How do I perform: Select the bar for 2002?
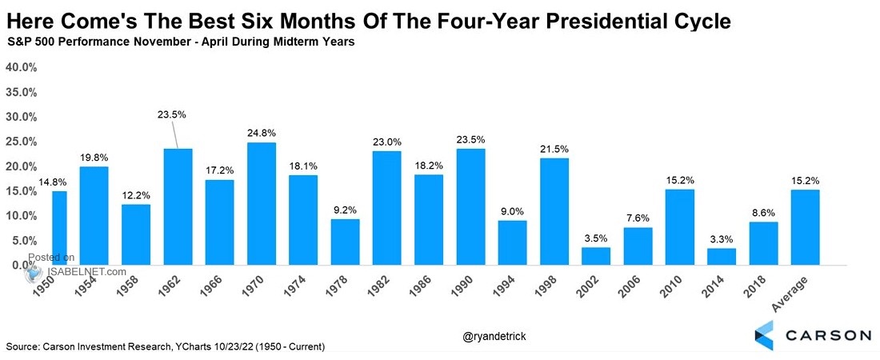pos(596,256)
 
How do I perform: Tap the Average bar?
pos(804,226)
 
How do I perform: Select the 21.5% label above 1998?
pos(554,150)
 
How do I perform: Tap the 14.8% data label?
pos(54,182)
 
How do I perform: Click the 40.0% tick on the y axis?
pos(21,67)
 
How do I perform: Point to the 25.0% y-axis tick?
pos(21,142)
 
